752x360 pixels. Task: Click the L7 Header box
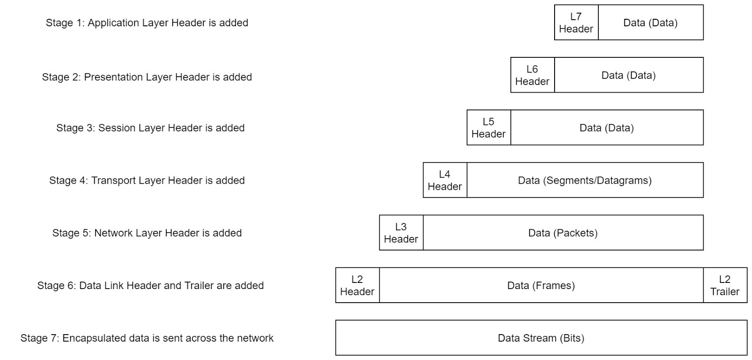click(576, 23)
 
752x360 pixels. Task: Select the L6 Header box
click(533, 75)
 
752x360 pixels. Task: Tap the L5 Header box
click(489, 128)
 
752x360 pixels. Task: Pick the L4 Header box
click(445, 180)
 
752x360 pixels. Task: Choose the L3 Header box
click(401, 233)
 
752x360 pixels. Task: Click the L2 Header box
click(357, 285)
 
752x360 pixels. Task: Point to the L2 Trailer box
click(725, 285)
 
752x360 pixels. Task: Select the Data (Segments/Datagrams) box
click(585, 180)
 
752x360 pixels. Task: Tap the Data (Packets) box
click(564, 233)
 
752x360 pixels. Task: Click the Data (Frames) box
click(541, 285)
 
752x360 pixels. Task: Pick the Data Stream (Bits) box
click(541, 338)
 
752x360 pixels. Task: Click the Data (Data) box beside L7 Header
click(650, 23)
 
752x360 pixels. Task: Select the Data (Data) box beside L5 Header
click(607, 128)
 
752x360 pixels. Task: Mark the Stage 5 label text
click(147, 233)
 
